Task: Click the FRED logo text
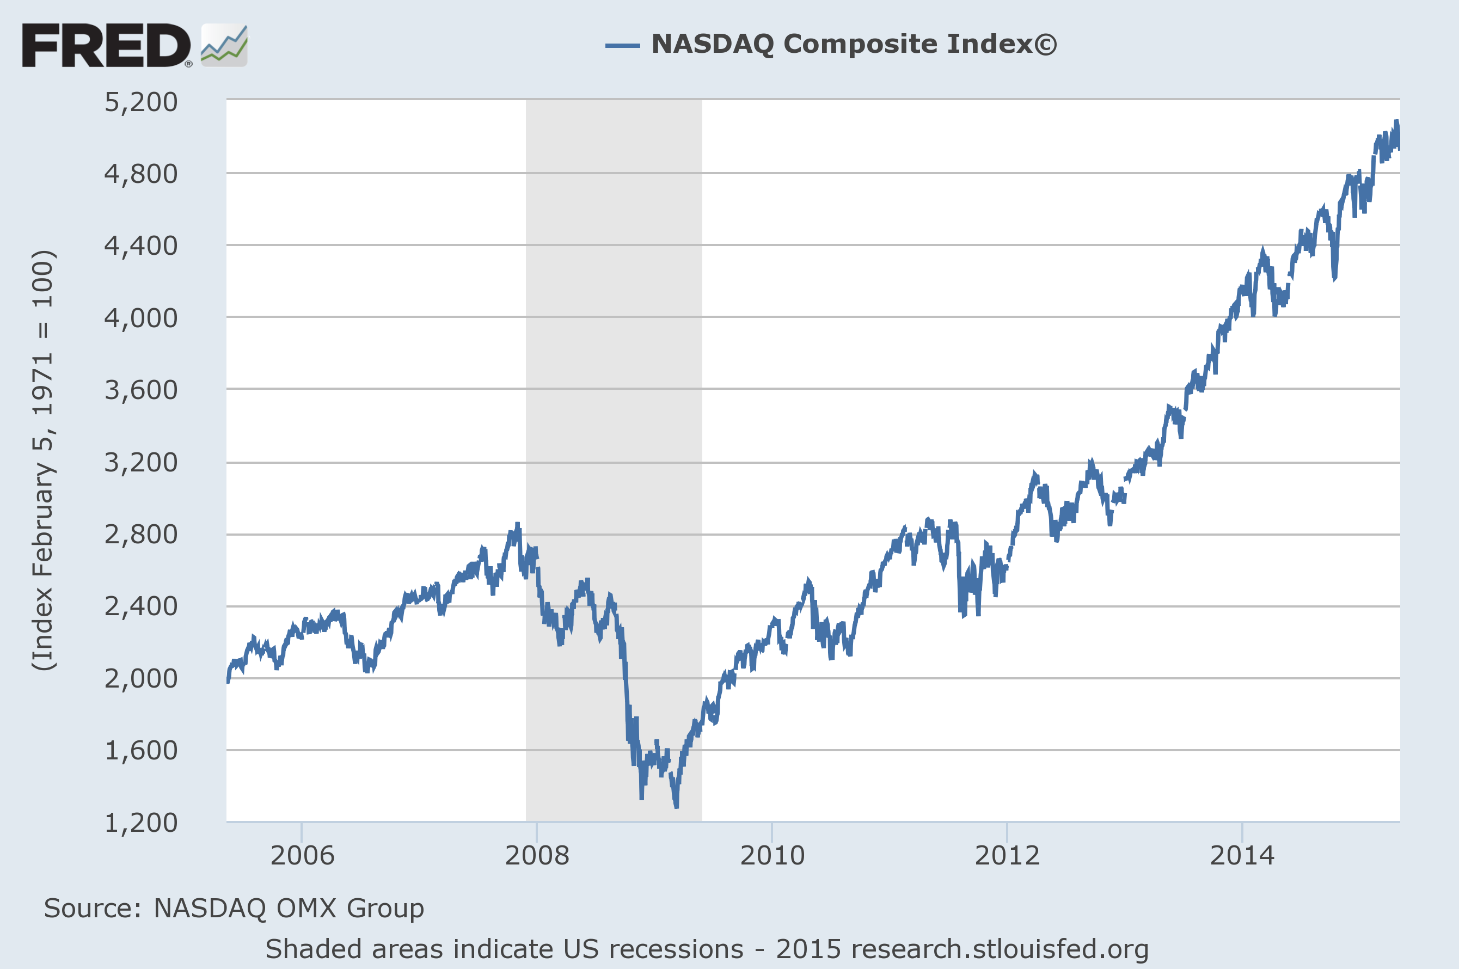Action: [106, 45]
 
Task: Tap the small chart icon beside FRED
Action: [224, 45]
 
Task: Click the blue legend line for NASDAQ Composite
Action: [622, 45]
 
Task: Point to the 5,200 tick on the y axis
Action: [141, 102]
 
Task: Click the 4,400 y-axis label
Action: [141, 246]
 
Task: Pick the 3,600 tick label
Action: [141, 390]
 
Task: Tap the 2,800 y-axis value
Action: [141, 534]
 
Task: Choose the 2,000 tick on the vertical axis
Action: [141, 678]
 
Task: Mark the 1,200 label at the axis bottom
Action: [141, 823]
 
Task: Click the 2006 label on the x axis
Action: [302, 855]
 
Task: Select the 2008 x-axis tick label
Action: [537, 855]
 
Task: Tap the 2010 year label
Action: [772, 855]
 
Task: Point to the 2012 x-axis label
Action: [1007, 855]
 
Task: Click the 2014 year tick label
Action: [1242, 855]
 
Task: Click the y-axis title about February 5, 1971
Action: [43, 461]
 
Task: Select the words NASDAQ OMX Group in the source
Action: [289, 908]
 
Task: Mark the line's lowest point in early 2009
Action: [677, 806]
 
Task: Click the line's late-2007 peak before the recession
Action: [518, 525]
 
